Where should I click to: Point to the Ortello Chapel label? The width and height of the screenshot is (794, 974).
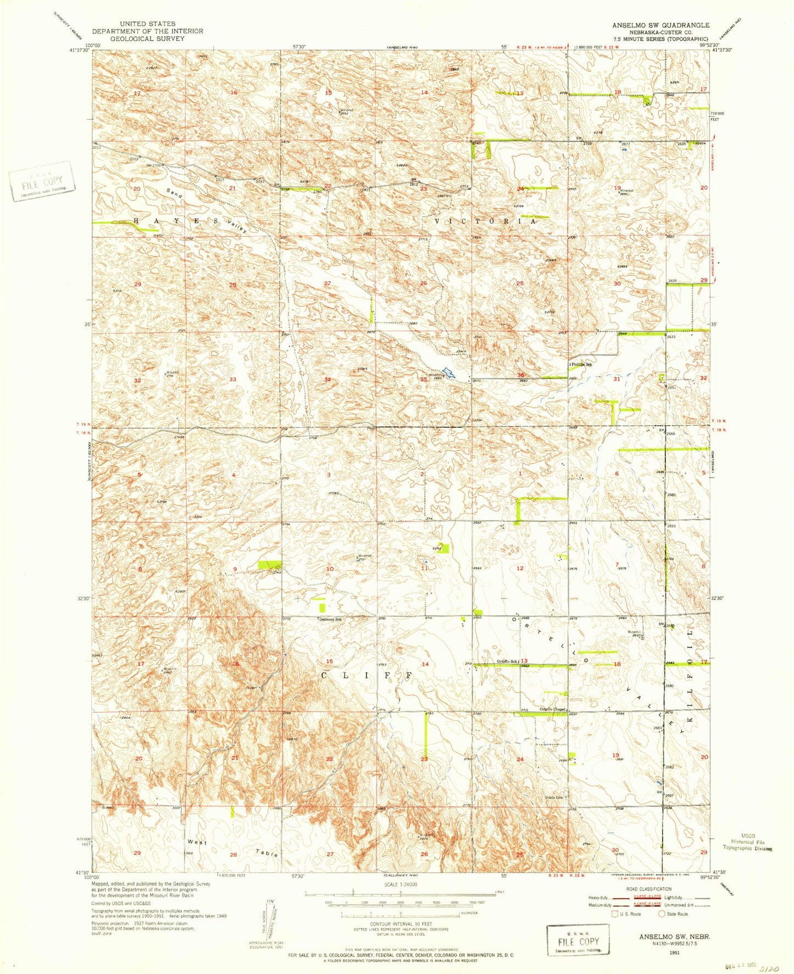552,709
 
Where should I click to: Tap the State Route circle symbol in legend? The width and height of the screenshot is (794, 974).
662,914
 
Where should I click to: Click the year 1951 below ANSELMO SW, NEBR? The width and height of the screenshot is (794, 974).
667,953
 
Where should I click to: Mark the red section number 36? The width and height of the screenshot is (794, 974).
520,376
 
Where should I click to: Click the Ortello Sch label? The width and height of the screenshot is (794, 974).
507,661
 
